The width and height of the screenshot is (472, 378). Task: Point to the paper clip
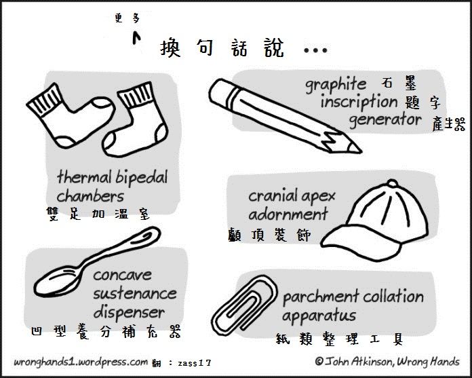click(243, 305)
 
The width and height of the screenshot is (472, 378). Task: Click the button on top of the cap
click(393, 183)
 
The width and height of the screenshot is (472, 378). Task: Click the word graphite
click(336, 85)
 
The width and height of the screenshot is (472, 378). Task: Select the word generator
click(385, 120)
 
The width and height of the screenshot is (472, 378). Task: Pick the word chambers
click(90, 196)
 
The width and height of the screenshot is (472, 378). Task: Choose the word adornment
click(288, 214)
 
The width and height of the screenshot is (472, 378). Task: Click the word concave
click(122, 276)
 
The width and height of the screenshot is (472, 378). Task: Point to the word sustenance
click(134, 294)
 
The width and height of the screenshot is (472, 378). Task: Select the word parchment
click(320, 297)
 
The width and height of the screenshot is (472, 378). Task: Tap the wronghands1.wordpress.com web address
click(79, 362)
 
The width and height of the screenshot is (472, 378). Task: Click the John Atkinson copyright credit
click(387, 361)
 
